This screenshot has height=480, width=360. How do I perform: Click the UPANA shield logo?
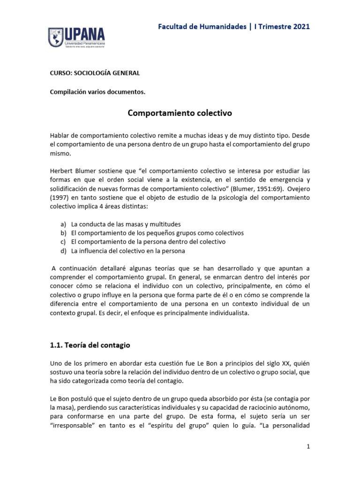[57, 37]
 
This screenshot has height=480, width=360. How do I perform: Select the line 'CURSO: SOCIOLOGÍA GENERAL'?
[95, 73]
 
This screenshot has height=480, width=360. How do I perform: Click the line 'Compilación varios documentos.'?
[97, 92]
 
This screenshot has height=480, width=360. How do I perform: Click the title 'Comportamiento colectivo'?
[180, 113]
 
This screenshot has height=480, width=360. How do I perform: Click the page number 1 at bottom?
[308, 447]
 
